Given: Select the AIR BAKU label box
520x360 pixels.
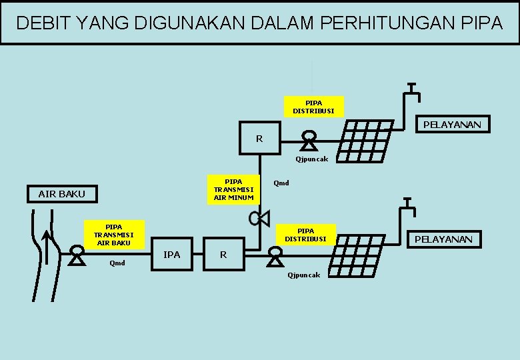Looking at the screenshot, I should pos(62,194).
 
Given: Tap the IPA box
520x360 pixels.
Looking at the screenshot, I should pos(172,254).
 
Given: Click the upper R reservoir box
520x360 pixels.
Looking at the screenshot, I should pos(259,139).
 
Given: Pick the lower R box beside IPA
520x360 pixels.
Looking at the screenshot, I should pos(223,254).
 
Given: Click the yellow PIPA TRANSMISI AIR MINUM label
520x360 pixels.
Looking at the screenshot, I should pos(233,189).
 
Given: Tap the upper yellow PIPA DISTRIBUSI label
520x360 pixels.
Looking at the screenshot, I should pos(313,107).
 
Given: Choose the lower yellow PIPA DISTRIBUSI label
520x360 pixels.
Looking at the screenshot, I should pos(306,235).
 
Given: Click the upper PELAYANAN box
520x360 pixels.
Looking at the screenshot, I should pos(452,125).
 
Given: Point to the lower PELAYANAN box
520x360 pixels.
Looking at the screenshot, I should pos(443,239).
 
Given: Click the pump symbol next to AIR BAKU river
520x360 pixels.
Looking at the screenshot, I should pos(77,255).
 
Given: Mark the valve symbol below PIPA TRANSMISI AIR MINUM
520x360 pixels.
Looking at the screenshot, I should pos(258,217).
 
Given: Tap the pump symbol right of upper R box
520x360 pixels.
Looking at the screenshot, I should pos(309,141).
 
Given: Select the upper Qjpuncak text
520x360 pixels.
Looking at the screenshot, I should pos(312,159).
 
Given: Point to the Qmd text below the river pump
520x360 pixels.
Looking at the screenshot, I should pos(117,262).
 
